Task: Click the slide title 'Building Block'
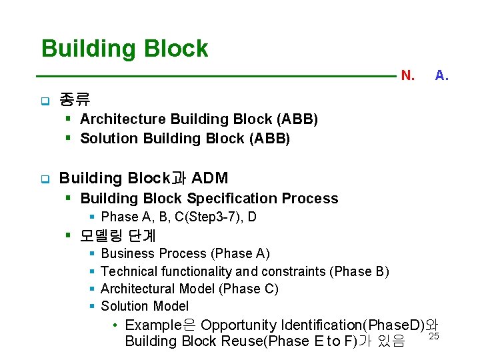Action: point(125,49)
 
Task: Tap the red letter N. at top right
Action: point(407,76)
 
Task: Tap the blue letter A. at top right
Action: point(441,76)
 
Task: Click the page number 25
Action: point(433,335)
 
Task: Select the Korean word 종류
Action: point(75,101)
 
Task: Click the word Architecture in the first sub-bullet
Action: point(123,119)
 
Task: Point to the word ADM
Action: point(209,178)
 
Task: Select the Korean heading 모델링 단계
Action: point(117,235)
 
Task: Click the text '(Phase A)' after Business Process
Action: point(240,253)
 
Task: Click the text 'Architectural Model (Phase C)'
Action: point(189,289)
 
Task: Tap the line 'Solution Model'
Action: point(145,306)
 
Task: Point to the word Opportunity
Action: point(239,325)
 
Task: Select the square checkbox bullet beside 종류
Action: point(44,102)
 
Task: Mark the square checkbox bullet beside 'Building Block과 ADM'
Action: point(44,179)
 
